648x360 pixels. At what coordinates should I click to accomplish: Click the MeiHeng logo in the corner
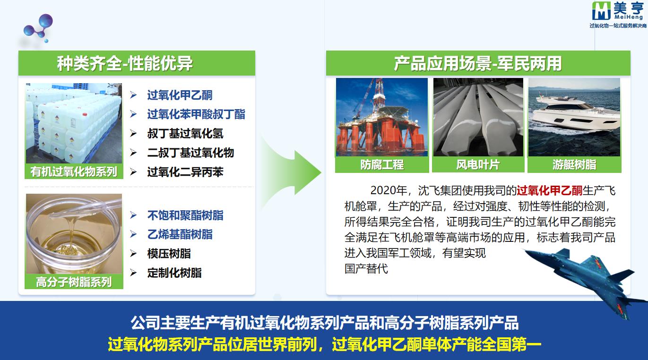[618, 15]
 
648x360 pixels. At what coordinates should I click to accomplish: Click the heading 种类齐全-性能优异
[125, 63]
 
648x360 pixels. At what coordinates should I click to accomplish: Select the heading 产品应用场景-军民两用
[478, 63]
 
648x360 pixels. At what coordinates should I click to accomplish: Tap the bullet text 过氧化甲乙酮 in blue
[180, 95]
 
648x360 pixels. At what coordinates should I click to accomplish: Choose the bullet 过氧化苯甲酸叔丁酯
[196, 114]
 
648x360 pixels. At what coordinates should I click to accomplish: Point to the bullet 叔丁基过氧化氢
[185, 133]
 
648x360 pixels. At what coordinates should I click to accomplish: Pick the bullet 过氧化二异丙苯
[185, 172]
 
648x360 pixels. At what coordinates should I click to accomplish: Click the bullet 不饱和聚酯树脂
[185, 215]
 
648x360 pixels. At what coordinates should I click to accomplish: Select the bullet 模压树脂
[169, 254]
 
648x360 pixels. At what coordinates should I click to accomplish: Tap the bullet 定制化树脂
[174, 273]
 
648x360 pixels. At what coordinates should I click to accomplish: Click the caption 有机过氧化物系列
[74, 171]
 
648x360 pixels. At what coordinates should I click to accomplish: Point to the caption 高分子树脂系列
[74, 282]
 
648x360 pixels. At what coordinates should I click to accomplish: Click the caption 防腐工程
[382, 165]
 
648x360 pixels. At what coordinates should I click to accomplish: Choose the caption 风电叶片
[478, 165]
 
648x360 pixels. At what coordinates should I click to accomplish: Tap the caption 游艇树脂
[574, 165]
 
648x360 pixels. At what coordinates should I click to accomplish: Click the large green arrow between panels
[292, 172]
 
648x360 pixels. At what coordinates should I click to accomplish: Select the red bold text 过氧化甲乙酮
[549, 190]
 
